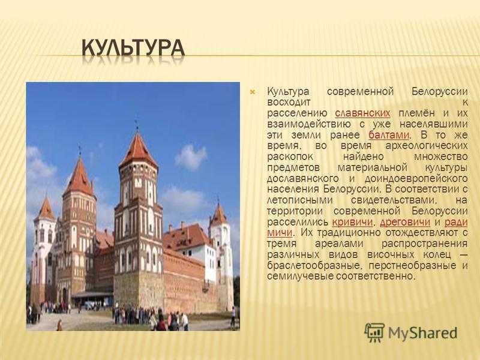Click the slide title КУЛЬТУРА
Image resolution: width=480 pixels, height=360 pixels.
(133, 48)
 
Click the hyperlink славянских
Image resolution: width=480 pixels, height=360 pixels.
(362, 113)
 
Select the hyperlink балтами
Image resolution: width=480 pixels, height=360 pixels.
(389, 134)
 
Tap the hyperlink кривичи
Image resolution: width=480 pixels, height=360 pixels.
(352, 222)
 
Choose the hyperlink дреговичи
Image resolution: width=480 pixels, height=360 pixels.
(404, 222)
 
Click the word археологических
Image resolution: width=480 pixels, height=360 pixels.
(427, 146)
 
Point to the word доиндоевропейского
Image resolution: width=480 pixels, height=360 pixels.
(416, 178)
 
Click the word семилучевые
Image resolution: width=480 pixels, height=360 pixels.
(300, 276)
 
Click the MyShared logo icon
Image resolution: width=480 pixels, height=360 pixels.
(374, 332)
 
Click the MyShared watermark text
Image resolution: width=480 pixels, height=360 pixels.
(423, 333)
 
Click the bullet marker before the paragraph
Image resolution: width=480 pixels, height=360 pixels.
(253, 92)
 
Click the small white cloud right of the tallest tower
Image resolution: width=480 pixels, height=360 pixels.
(191, 157)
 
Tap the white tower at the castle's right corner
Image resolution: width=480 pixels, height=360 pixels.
(220, 254)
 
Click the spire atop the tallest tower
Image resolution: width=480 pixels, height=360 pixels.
(137, 124)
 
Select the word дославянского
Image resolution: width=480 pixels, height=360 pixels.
(303, 178)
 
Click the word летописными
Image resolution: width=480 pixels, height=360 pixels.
(299, 200)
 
